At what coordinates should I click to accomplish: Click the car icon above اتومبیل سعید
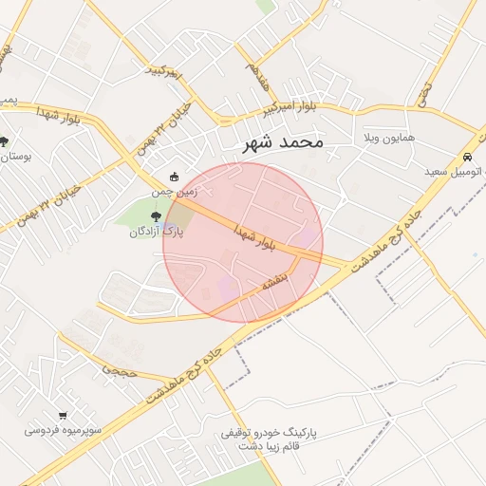click(x=467, y=157)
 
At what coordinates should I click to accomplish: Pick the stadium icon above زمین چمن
click(x=174, y=177)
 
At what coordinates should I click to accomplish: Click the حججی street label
click(x=120, y=368)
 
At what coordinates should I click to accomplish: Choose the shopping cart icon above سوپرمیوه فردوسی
click(x=63, y=415)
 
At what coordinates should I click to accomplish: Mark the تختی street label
click(x=423, y=92)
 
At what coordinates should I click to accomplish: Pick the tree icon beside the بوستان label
click(x=6, y=141)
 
